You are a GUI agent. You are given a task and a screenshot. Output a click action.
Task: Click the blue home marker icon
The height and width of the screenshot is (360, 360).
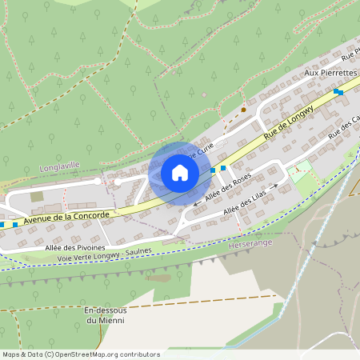(x=179, y=173)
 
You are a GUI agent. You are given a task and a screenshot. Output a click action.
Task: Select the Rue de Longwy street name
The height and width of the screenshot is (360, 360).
(x=290, y=118)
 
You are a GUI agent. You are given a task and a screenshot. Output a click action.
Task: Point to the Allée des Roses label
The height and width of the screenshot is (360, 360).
(x=228, y=186)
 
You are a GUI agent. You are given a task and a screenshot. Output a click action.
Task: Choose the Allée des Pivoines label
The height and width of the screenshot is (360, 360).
(x=76, y=248)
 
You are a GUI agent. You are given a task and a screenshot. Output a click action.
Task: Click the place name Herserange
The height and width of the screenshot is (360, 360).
(x=250, y=242)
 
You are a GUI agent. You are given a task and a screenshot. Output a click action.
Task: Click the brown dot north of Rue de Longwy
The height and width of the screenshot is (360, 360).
(x=244, y=110)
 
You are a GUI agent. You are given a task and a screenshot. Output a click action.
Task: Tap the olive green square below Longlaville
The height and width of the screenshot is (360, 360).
(x=37, y=197)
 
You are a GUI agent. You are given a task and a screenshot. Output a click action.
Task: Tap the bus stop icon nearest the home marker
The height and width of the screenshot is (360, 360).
(x=213, y=170)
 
